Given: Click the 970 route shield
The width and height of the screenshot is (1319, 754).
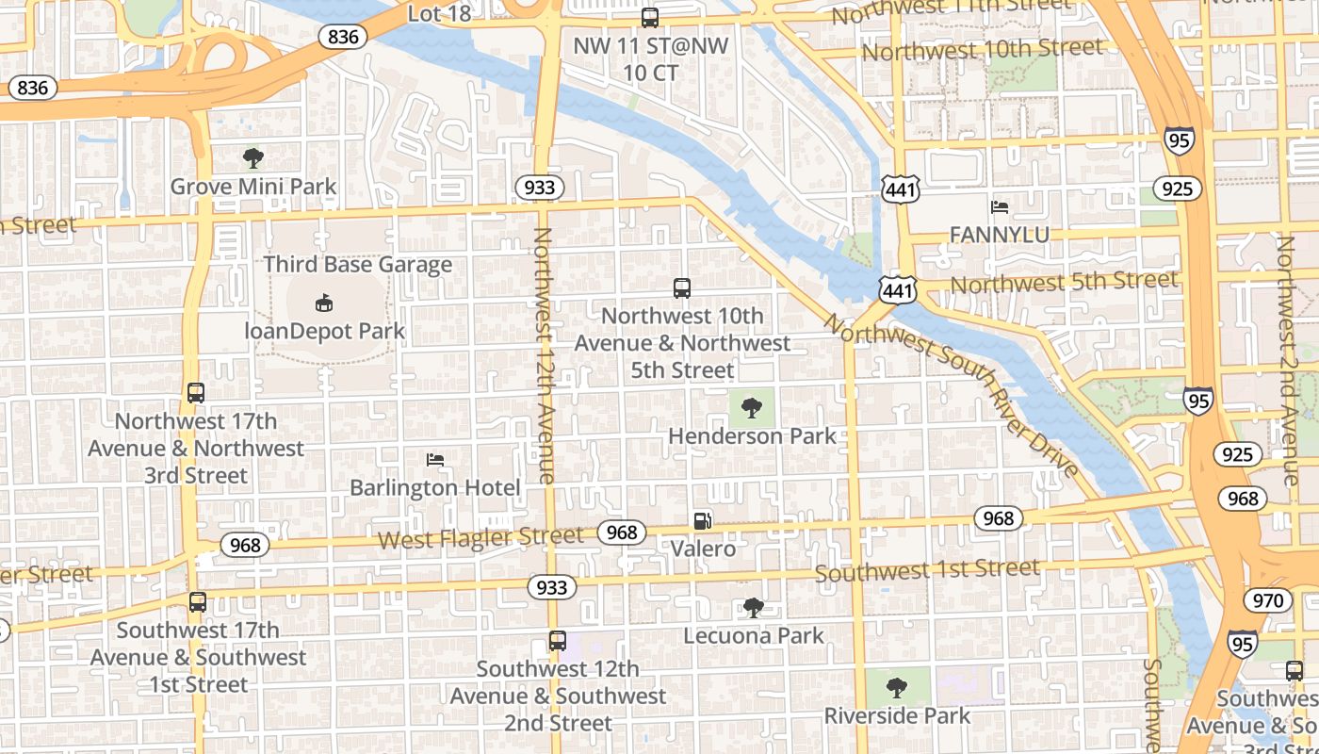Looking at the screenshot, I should click(x=1268, y=600).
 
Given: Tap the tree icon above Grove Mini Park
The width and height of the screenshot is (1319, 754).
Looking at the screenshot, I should click(x=252, y=157).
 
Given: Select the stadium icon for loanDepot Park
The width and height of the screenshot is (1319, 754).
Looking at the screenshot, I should click(x=324, y=303).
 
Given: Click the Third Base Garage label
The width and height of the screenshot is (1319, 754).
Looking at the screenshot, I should click(x=358, y=265).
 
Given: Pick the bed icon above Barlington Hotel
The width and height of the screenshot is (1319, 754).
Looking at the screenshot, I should click(x=435, y=460).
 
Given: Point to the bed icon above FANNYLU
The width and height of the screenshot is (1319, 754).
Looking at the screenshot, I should click(x=1000, y=206).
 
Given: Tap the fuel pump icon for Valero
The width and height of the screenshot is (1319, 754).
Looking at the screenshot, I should click(x=703, y=520).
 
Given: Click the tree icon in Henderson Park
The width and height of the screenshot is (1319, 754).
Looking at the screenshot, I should click(x=751, y=408).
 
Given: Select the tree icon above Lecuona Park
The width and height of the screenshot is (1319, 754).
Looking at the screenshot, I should click(x=753, y=608).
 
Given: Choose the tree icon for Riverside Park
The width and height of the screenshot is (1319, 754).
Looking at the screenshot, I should click(x=897, y=687).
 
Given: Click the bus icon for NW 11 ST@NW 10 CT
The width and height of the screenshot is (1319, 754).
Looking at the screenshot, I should click(x=650, y=17).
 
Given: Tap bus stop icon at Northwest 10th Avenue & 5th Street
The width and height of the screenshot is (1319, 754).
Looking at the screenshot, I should click(x=682, y=288).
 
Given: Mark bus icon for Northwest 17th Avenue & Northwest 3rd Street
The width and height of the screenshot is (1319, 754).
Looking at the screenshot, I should click(x=196, y=393).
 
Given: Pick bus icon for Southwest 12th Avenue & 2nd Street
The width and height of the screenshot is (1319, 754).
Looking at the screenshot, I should click(x=558, y=641).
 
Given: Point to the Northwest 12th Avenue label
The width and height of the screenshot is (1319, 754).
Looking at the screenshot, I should click(x=545, y=355).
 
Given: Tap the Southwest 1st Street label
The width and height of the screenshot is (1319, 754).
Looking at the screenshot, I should click(x=927, y=570).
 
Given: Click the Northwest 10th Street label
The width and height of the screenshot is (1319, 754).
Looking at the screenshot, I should click(x=982, y=49).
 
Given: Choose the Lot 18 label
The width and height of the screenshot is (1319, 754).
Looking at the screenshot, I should click(x=439, y=14).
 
